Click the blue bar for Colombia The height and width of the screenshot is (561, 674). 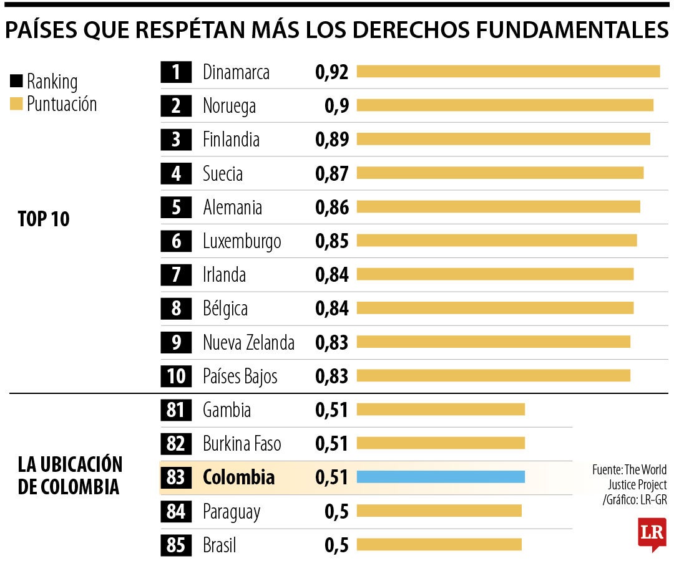441,477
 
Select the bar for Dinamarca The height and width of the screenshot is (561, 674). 508,72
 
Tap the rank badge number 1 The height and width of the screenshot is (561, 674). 176,72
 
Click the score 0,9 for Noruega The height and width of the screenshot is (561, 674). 336,106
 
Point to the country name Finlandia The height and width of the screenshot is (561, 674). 231,140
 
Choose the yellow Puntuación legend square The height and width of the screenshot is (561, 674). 16,103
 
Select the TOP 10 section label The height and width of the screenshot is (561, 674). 44,219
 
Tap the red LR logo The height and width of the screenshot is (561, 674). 652,534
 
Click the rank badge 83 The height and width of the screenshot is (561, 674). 176,477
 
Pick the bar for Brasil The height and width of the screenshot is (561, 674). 439,545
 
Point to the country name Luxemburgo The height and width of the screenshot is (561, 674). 242,241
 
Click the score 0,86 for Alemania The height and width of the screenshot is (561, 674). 332,208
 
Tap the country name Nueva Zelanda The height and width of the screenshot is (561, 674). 248,342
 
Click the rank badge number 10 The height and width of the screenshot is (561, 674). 176,376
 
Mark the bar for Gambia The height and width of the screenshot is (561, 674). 441,409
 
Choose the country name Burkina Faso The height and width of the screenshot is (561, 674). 242,444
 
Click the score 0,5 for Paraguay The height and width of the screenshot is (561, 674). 336,512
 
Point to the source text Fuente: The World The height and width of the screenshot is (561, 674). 629,469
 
